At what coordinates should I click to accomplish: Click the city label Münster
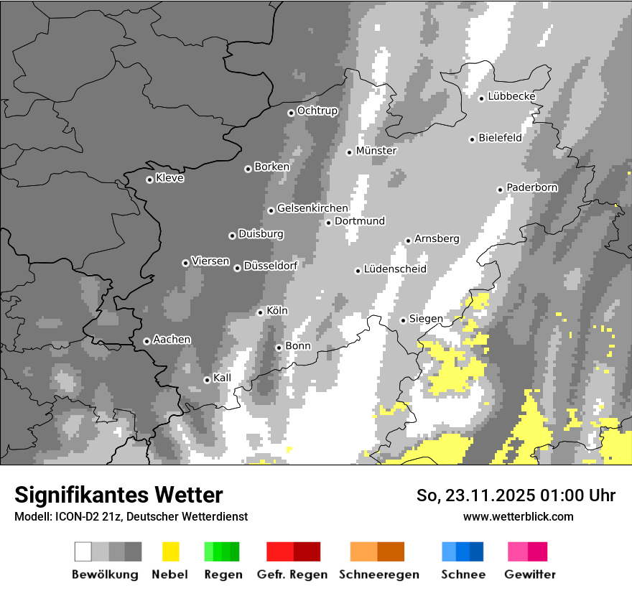(x=376, y=151)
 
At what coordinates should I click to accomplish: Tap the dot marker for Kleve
(x=149, y=180)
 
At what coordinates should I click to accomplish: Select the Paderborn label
(x=532, y=187)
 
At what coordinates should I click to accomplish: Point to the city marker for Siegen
(x=404, y=320)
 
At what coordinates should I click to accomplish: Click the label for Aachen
(x=172, y=339)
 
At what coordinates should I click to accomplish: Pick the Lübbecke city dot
(x=482, y=98)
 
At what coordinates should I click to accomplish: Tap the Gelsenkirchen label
(x=312, y=208)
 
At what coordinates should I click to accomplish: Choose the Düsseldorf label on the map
(x=271, y=266)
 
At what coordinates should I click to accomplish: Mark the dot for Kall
(x=208, y=380)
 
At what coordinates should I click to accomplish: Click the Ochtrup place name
(x=317, y=111)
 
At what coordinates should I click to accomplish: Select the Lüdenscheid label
(x=395, y=269)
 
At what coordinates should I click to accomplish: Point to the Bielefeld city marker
(x=473, y=139)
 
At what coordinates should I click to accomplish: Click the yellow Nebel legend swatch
(x=170, y=551)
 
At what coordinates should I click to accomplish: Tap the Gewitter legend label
(x=530, y=574)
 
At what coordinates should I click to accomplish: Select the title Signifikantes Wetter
(x=118, y=495)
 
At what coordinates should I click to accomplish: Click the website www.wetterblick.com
(x=519, y=516)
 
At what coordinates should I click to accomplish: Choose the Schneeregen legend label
(x=377, y=574)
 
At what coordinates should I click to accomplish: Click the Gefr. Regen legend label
(x=292, y=574)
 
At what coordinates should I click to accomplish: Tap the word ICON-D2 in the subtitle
(x=73, y=516)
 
